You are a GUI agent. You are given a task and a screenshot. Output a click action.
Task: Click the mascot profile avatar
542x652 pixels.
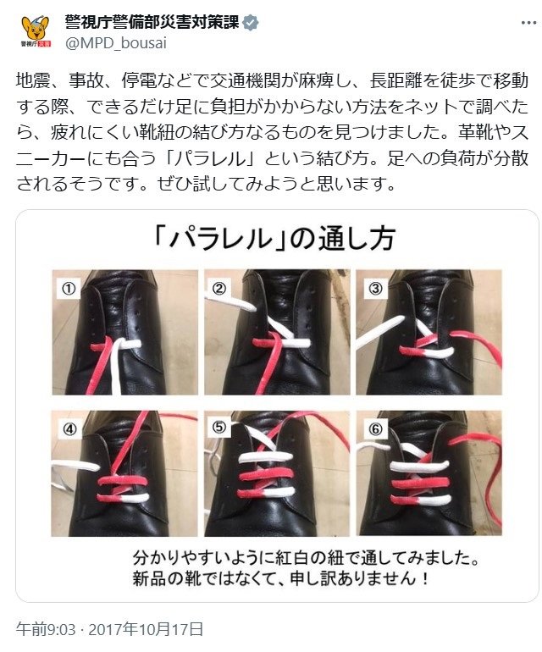click(x=36, y=31)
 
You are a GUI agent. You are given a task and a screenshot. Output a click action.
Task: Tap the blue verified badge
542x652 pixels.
click(x=251, y=23)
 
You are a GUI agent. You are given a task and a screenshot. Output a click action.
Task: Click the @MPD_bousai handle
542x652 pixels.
click(x=116, y=43)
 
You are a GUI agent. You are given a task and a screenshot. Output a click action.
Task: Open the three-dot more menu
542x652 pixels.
click(x=528, y=23)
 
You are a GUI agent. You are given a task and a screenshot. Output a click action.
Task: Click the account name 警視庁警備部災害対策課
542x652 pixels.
click(x=152, y=23)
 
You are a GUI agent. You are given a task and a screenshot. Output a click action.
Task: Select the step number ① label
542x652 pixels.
click(x=69, y=288)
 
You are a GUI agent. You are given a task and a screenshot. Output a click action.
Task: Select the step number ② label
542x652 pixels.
click(x=219, y=288)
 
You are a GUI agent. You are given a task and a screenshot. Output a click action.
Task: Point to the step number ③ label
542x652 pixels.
click(x=375, y=288)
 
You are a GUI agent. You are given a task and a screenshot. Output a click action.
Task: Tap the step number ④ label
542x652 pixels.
click(x=69, y=428)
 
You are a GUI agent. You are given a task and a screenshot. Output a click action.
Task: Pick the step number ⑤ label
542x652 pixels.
click(x=219, y=427)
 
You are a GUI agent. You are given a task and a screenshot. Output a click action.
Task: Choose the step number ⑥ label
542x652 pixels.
click(x=375, y=428)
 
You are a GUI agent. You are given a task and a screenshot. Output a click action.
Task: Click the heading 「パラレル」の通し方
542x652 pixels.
click(x=274, y=239)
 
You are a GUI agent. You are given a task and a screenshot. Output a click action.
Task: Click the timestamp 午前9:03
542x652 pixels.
click(x=46, y=629)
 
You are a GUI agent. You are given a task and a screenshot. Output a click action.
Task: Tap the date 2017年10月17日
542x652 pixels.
click(x=146, y=629)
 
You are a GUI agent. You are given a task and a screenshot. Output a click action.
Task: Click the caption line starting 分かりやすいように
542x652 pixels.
click(x=306, y=558)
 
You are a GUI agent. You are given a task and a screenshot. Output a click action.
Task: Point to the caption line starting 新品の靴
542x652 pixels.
click(x=281, y=578)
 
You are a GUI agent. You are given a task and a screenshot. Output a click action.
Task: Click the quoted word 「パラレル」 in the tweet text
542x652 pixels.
click(x=212, y=158)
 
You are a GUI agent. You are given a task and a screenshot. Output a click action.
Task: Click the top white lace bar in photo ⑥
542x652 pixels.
click(x=420, y=466)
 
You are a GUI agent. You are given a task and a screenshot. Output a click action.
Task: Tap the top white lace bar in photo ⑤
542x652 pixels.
click(x=265, y=456)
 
